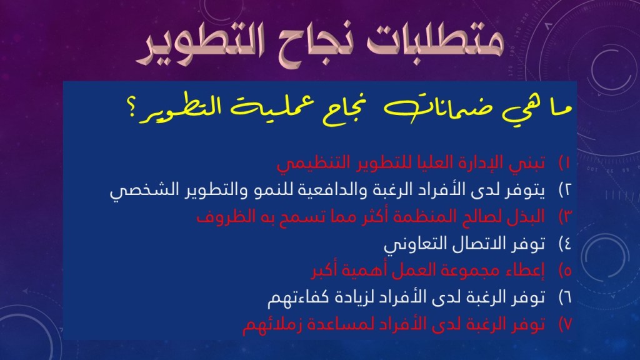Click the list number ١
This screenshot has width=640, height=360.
point(565,162)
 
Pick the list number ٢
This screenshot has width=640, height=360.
point(565,190)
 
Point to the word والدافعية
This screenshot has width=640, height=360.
point(333,190)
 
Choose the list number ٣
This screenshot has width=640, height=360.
point(565,217)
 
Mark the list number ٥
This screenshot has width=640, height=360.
point(565,271)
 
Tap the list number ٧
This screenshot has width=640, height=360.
point(565,324)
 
